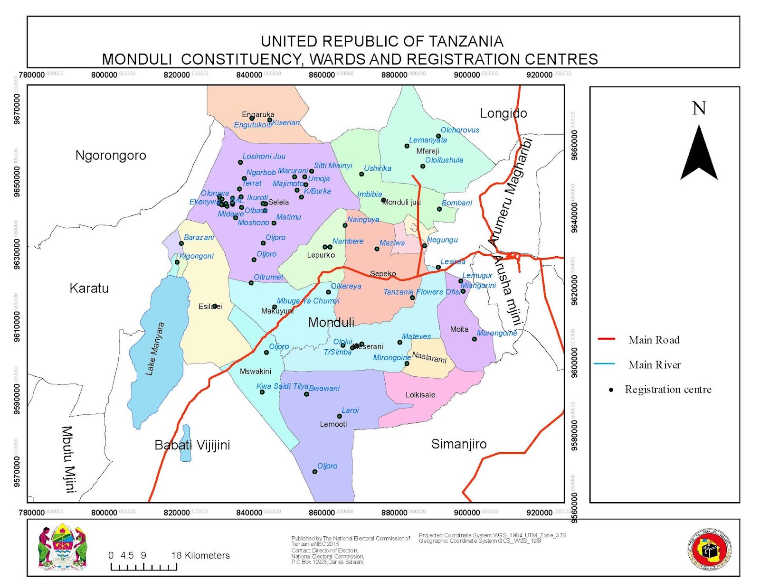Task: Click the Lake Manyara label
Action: click(x=155, y=349)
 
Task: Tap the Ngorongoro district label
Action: click(x=111, y=156)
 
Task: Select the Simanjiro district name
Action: click(x=459, y=444)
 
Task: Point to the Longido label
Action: click(x=503, y=113)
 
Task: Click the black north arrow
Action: click(x=699, y=152)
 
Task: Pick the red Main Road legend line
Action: click(x=606, y=339)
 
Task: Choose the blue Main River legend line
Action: click(x=604, y=364)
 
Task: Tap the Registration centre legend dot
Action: click(x=611, y=390)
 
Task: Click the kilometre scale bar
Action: click(x=143, y=567)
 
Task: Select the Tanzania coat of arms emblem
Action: click(x=62, y=547)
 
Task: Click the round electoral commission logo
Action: click(x=710, y=550)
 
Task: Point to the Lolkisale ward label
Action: click(x=420, y=395)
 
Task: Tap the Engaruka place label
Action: click(x=258, y=114)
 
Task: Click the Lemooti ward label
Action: click(x=333, y=424)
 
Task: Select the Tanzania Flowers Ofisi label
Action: click(x=422, y=292)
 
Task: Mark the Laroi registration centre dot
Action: click(x=340, y=416)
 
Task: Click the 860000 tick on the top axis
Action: click(x=322, y=75)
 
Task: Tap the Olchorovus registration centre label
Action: click(x=459, y=130)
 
